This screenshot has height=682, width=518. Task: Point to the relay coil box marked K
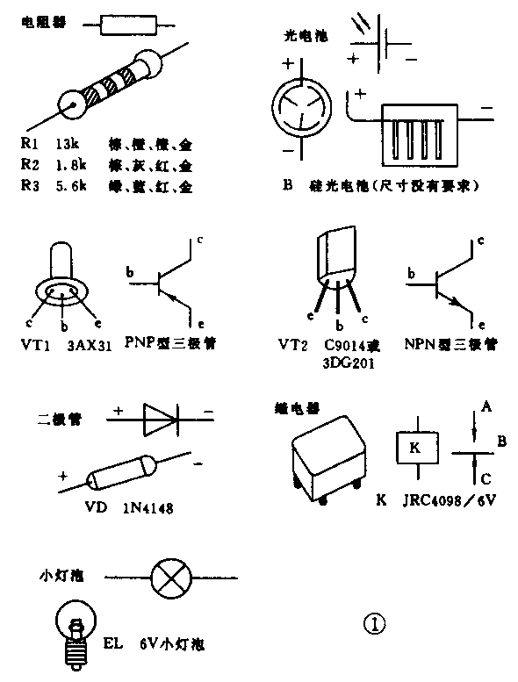pos(415,449)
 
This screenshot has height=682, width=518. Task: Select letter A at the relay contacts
pos(485,406)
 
